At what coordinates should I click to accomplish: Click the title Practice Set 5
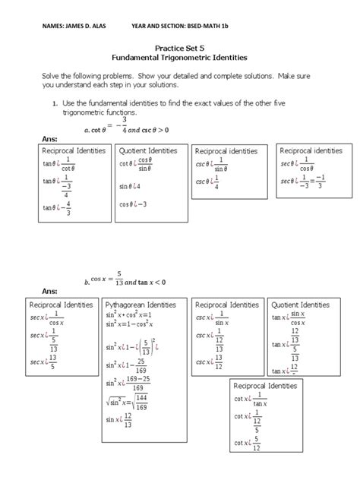point(181,46)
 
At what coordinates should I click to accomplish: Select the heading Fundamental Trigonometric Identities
point(181,57)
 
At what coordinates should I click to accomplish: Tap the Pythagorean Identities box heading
point(140,304)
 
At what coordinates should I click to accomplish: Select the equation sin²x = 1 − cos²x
point(135,324)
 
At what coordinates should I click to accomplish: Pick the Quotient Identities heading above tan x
point(300,304)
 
